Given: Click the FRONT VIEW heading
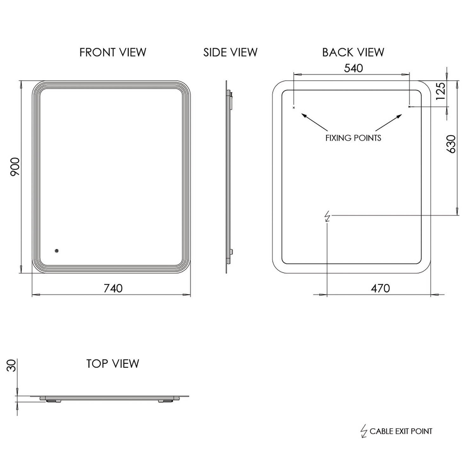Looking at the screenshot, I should pos(113,52).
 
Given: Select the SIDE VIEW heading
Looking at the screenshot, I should pos(230,52).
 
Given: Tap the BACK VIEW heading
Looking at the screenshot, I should pos(353,52).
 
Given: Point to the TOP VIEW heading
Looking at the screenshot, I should pos(113,364).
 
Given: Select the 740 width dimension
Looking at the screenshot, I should pos(113,288).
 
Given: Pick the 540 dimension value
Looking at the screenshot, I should pos(354,68).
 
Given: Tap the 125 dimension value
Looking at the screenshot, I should pos(441,91).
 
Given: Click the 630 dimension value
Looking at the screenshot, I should pos(451,144).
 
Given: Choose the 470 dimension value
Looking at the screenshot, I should pos(380,288).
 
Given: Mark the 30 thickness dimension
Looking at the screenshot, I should pos(11,366).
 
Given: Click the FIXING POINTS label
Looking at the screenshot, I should pos(353,138).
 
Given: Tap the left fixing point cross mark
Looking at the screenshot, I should pos(294,108).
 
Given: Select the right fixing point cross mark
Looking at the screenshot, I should pos(409,107).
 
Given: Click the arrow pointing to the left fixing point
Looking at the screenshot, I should pos(314,122).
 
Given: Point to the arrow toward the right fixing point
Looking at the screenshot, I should pos(389,122).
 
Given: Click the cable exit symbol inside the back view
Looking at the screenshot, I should pos(327,217).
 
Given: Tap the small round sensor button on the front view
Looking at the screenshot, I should pos(56,251).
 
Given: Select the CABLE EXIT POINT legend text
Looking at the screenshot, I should pos(401,431).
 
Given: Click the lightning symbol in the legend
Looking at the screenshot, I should pos(364,431).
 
